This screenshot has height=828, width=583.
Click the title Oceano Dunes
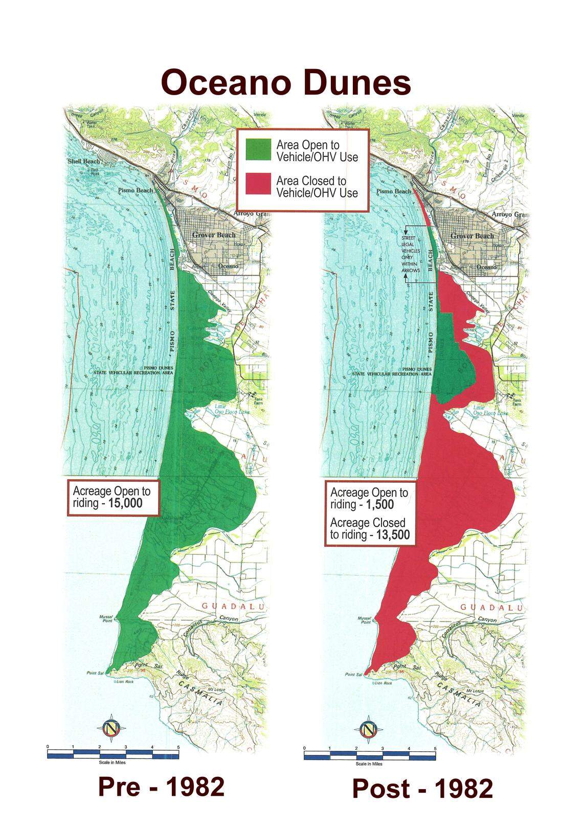[x=286, y=83]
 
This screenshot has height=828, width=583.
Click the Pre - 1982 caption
[x=161, y=787]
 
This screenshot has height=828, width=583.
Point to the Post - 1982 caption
[x=422, y=789]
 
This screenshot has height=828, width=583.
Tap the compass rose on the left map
[x=110, y=728]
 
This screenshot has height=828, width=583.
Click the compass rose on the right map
[x=368, y=729]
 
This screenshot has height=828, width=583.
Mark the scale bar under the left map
[x=113, y=754]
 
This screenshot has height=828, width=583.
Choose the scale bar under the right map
[x=370, y=755]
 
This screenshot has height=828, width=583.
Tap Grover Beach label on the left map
[x=214, y=235]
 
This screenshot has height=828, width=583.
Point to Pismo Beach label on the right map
[x=394, y=191]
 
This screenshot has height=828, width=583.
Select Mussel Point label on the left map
[x=106, y=619]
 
